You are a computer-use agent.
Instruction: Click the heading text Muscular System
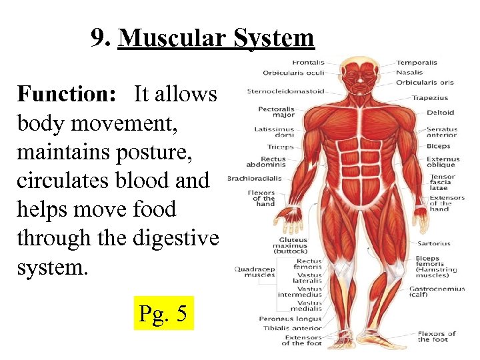click(x=215, y=38)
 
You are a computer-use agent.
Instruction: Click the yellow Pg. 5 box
click(x=163, y=313)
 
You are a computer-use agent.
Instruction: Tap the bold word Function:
click(x=67, y=94)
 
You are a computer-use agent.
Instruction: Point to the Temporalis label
click(x=417, y=63)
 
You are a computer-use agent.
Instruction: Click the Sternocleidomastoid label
click(x=285, y=91)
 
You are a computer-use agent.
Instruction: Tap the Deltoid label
click(x=440, y=113)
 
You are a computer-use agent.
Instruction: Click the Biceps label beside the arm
click(x=438, y=146)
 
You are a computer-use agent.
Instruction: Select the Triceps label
click(x=281, y=147)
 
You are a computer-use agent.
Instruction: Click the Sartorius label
click(x=434, y=243)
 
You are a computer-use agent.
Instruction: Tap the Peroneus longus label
click(x=290, y=319)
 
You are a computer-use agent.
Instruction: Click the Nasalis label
click(x=409, y=73)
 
